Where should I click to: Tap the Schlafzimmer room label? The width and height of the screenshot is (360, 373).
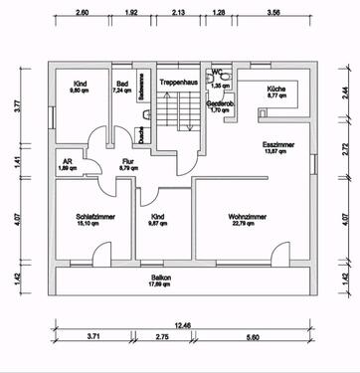(x=90, y=216)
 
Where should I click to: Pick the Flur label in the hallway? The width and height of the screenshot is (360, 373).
(x=127, y=160)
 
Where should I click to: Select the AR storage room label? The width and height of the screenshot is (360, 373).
(x=69, y=161)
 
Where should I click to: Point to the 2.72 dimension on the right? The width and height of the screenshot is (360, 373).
(x=345, y=152)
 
